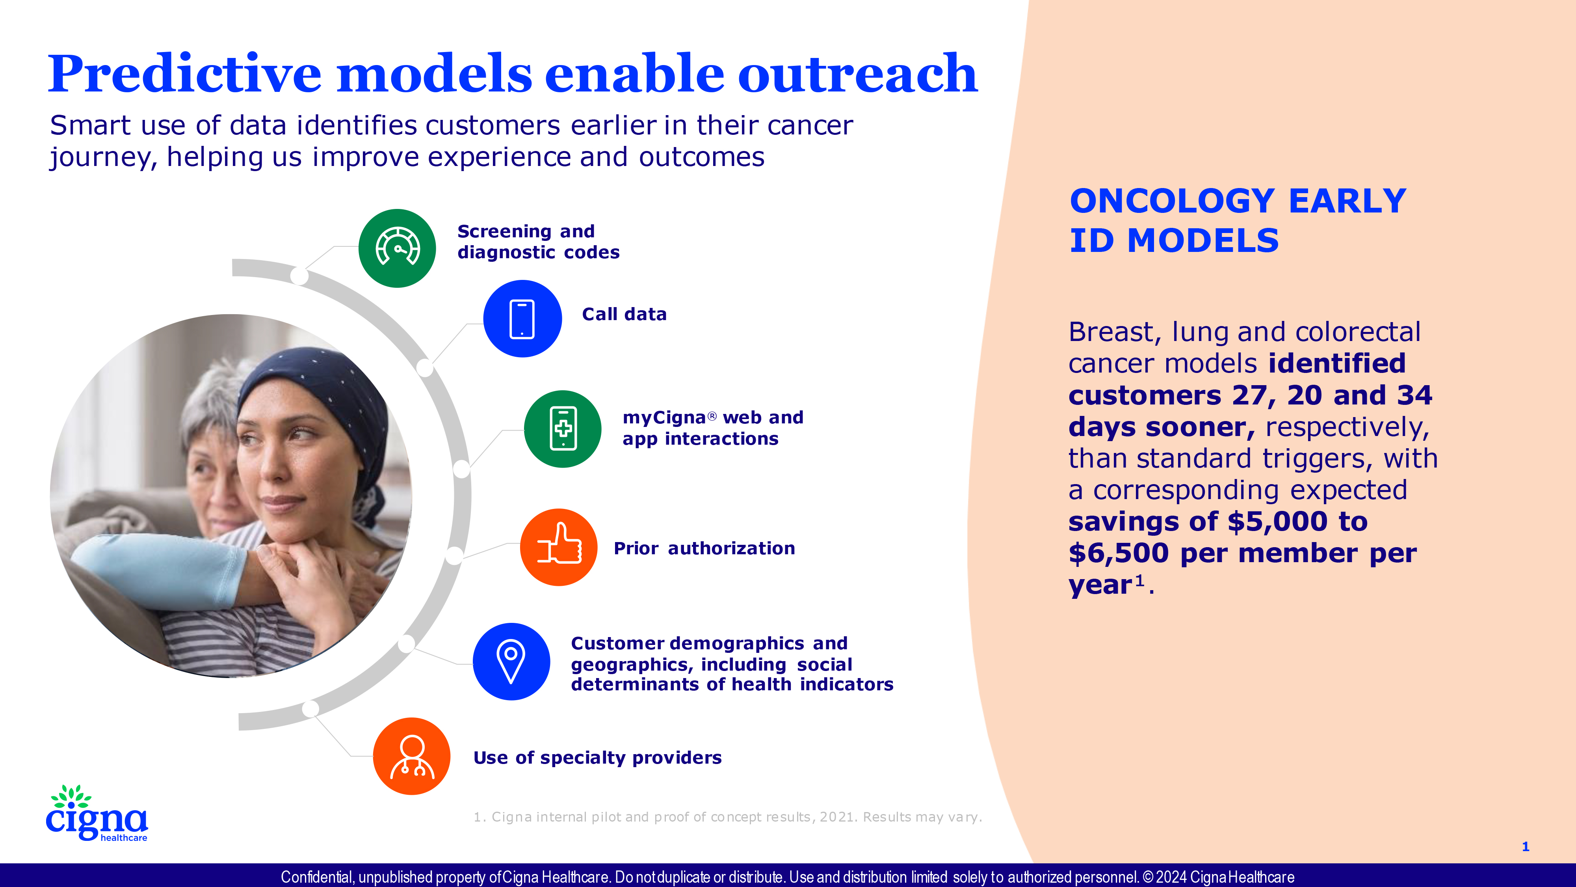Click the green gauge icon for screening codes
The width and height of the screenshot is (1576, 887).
pos(397,248)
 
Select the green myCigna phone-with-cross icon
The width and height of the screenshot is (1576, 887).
pos(563,429)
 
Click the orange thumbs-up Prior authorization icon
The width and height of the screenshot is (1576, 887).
pos(559,547)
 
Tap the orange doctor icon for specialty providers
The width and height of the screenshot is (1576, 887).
pos(412,756)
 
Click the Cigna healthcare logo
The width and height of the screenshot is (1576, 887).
pos(97,813)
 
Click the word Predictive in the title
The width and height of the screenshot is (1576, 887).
pos(185,73)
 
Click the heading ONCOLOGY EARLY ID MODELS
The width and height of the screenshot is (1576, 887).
pos(1238,220)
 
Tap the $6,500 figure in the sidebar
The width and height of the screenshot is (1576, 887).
pos(1119,553)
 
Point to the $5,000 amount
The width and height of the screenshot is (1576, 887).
pos(1277,522)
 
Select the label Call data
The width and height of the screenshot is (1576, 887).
pos(624,314)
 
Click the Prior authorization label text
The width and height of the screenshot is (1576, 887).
pos(704,548)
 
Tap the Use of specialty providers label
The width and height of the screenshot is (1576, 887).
pos(597,758)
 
